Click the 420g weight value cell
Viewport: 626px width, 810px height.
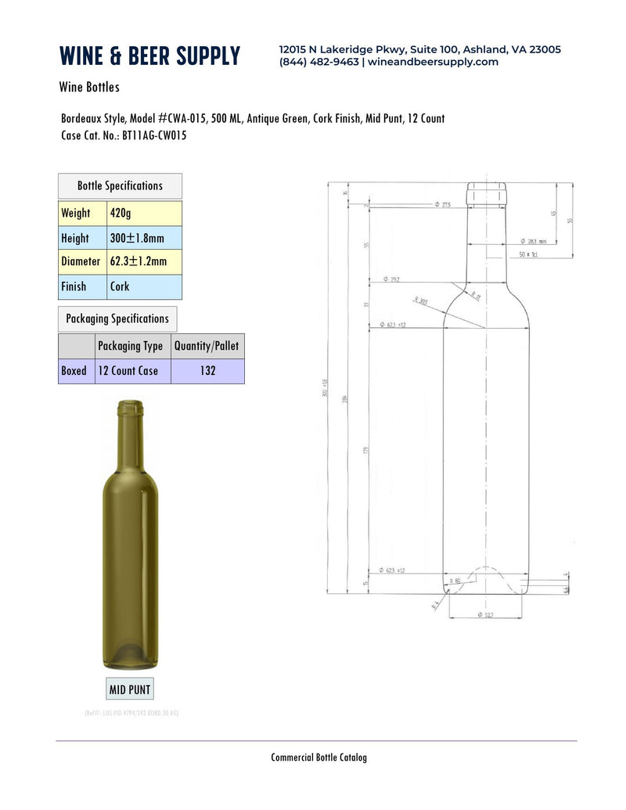click(144, 213)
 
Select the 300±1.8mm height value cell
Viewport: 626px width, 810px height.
click(144, 238)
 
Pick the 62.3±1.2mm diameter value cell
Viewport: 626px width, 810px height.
click(144, 262)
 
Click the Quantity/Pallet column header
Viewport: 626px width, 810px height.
click(207, 346)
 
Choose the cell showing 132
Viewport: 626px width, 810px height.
click(207, 371)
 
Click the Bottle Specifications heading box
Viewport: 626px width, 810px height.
click(120, 186)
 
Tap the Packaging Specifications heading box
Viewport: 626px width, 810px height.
click(117, 319)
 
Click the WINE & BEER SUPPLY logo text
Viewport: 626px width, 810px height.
click(149, 56)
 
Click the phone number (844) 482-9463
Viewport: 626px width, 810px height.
click(319, 62)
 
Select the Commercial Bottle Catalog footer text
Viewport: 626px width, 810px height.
click(318, 757)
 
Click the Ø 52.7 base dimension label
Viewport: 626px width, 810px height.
click(484, 615)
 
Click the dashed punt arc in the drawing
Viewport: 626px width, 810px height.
click(487, 568)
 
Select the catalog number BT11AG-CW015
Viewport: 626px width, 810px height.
click(154, 135)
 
